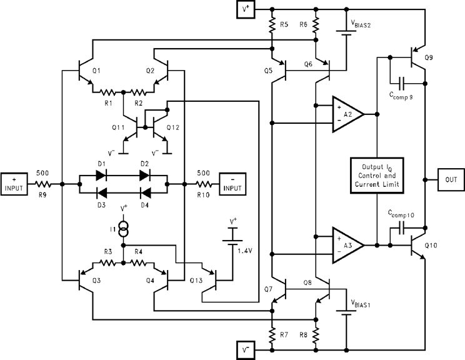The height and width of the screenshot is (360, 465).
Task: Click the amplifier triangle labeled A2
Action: [x=347, y=114]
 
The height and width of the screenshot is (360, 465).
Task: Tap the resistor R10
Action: [x=203, y=185]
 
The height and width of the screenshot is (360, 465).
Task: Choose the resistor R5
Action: [x=272, y=25]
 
